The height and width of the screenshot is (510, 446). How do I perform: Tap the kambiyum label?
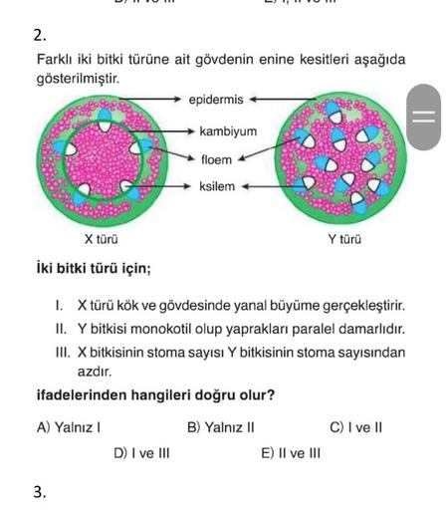(x=228, y=130)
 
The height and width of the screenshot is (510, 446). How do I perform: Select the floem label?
(x=216, y=158)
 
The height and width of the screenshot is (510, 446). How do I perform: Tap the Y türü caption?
(x=344, y=239)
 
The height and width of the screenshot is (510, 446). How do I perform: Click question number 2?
(x=39, y=35)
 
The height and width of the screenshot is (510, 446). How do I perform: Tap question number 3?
(x=39, y=491)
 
